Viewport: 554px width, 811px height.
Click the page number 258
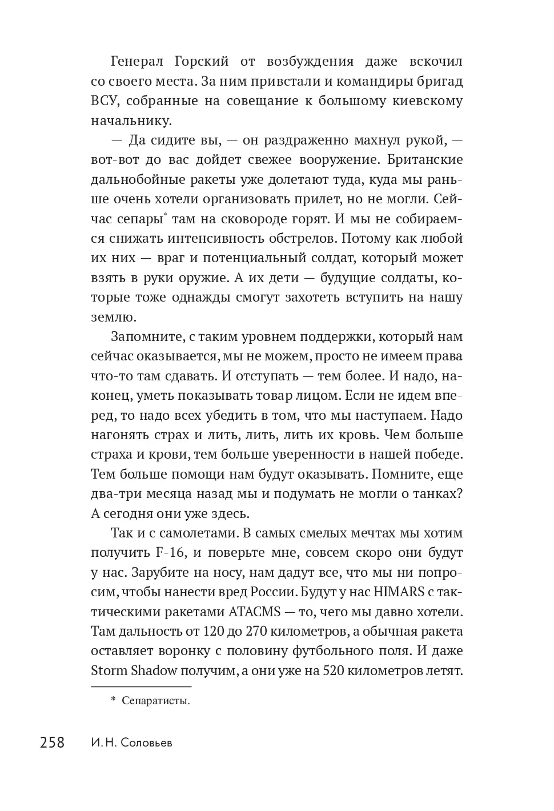[52, 742]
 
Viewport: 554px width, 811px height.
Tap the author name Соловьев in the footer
[143, 743]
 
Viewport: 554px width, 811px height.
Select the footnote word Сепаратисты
[155, 701]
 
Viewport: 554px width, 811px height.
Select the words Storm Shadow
[134, 671]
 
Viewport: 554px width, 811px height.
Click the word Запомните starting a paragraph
[146, 337]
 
